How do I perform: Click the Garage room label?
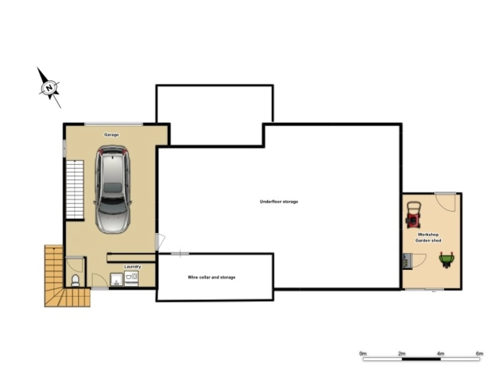[111, 135]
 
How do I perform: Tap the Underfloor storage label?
[279, 202]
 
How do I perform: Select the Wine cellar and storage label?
[211, 277]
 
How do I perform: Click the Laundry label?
[132, 267]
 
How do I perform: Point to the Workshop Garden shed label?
[428, 237]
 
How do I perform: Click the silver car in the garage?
[113, 190]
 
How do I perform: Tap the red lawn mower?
[413, 215]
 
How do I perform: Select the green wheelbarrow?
[447, 259]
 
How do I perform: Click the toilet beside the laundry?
[75, 280]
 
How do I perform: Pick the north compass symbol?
[49, 88]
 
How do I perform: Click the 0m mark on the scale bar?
[363, 353]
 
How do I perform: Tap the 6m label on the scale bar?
[480, 353]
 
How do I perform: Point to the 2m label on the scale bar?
[402, 353]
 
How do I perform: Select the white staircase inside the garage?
[75, 190]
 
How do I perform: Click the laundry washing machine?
[131, 278]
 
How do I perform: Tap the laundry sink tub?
[116, 280]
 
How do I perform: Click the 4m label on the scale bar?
[440, 353]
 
